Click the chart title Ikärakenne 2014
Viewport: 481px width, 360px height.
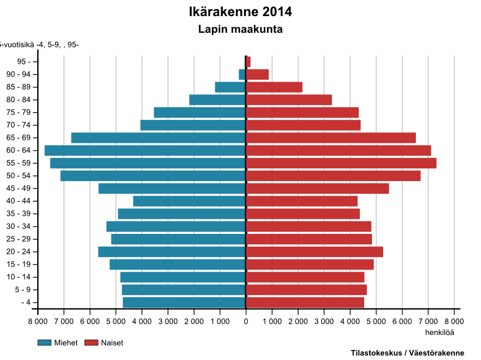coord(240,12)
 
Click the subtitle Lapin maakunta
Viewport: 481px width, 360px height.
coord(240,29)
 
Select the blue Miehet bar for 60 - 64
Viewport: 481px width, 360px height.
coord(145,151)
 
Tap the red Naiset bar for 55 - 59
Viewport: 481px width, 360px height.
coord(341,163)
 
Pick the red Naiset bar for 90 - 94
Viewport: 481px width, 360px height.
coord(257,74)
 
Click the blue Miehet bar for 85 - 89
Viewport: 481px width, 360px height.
coord(230,87)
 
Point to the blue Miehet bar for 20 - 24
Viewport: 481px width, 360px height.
coord(172,252)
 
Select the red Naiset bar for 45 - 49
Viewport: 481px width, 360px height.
coord(318,189)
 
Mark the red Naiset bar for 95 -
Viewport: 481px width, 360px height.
coord(249,62)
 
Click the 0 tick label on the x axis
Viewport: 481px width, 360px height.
coord(246,321)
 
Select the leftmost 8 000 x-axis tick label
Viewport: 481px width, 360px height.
coord(38,321)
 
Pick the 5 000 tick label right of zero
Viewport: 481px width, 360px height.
coord(376,321)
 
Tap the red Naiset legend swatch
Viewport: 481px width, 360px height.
coord(91,343)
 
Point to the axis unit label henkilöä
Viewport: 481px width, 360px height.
coord(439,332)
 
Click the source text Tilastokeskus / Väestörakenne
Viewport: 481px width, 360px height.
coord(407,353)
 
